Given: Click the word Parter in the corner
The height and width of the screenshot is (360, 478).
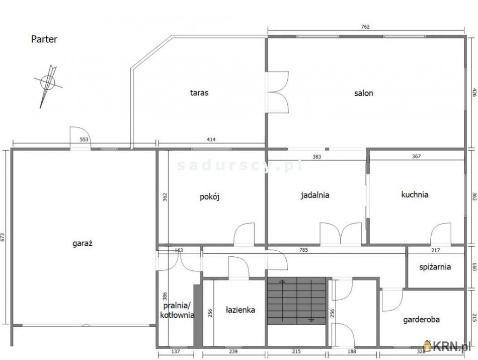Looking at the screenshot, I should [44, 39].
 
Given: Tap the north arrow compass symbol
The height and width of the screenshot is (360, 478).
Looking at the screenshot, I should [47, 83].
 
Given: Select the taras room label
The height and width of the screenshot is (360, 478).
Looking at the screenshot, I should [199, 93].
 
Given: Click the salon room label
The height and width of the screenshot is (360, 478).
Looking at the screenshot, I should [363, 93].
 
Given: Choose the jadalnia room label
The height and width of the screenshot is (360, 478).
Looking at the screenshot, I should [315, 195].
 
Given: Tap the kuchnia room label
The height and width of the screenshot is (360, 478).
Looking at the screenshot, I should [415, 194].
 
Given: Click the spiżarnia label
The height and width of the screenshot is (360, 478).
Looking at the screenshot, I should [435, 267].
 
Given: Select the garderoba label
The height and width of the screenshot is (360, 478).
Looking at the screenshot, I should [422, 319].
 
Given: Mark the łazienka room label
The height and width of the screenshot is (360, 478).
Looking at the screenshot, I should [240, 310].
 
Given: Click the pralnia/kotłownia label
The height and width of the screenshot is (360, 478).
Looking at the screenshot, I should [177, 310].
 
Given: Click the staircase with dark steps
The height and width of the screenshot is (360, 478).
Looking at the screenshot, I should [297, 301].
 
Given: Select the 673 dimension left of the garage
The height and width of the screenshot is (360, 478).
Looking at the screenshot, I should [3, 236].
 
